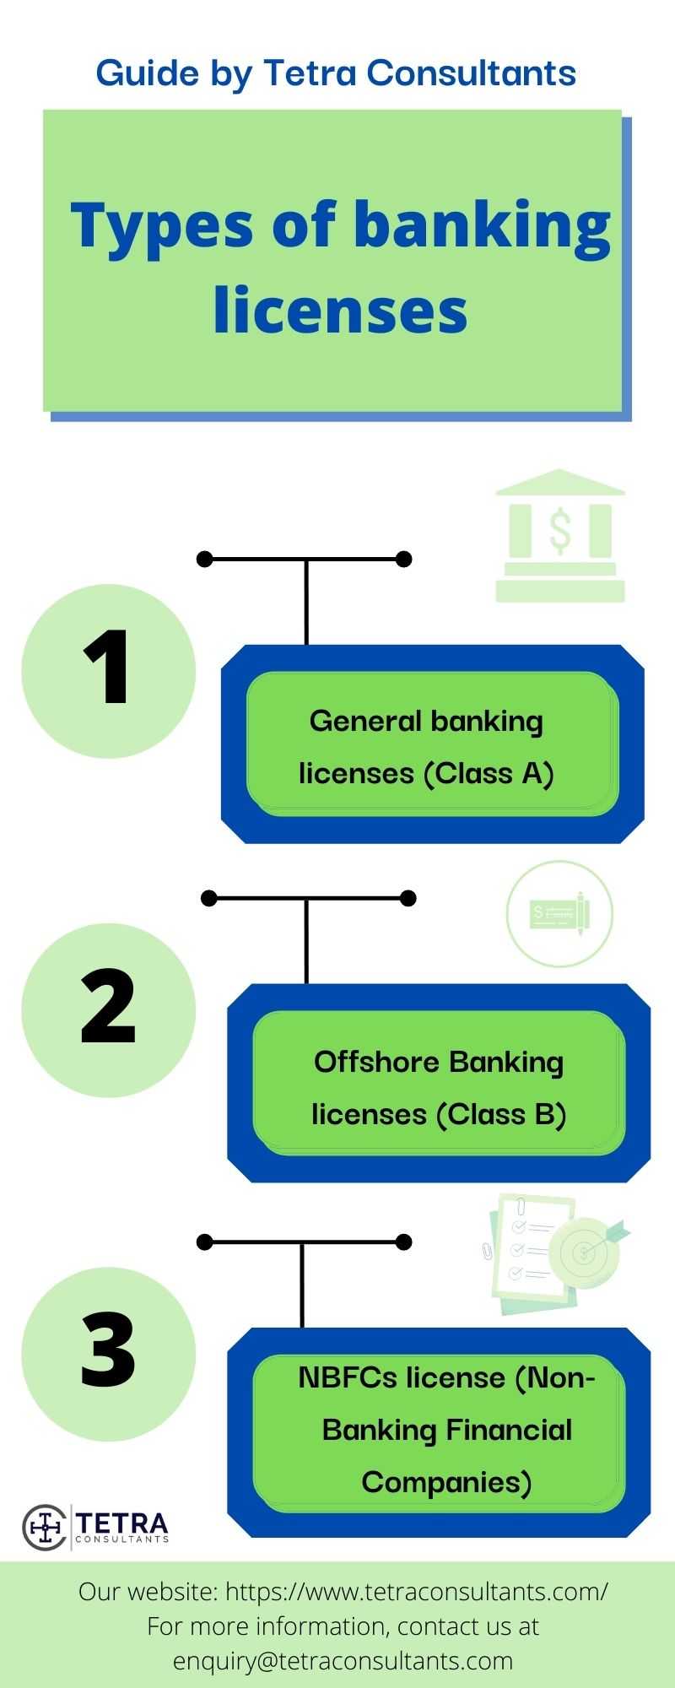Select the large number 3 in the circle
[x=108, y=1350]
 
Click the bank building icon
[x=559, y=536]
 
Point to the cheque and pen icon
[x=559, y=913]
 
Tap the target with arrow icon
[x=586, y=1251]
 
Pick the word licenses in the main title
[x=340, y=309]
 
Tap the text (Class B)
[x=500, y=1114]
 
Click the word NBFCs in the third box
[x=347, y=1377]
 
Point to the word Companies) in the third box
[x=446, y=1482]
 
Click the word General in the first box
[x=365, y=721]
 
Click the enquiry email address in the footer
[x=343, y=1661]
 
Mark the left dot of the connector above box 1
[x=204, y=559]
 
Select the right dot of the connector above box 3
[x=403, y=1242]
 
